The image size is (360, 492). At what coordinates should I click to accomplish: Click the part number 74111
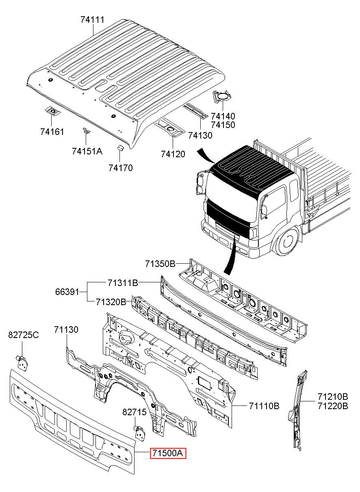tap(92, 20)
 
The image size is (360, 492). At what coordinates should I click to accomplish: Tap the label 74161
tap(52, 132)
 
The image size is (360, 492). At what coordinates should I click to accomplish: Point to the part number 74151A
tap(87, 151)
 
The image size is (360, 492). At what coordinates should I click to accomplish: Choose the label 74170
tap(121, 168)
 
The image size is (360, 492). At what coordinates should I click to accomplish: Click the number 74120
tap(173, 154)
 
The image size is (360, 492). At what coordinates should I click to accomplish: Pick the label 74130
tap(200, 135)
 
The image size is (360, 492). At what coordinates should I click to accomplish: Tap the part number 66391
tap(67, 292)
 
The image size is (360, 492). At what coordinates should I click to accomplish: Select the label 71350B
tap(160, 264)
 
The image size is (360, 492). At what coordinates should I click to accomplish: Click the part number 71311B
tap(123, 283)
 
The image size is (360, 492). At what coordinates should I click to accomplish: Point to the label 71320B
tap(111, 302)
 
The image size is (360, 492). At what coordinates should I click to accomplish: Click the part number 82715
tap(134, 412)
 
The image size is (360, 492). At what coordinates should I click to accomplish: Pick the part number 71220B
tap(333, 406)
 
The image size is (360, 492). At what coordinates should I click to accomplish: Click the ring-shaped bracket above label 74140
tap(222, 97)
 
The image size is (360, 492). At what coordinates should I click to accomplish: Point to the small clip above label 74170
tap(120, 148)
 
